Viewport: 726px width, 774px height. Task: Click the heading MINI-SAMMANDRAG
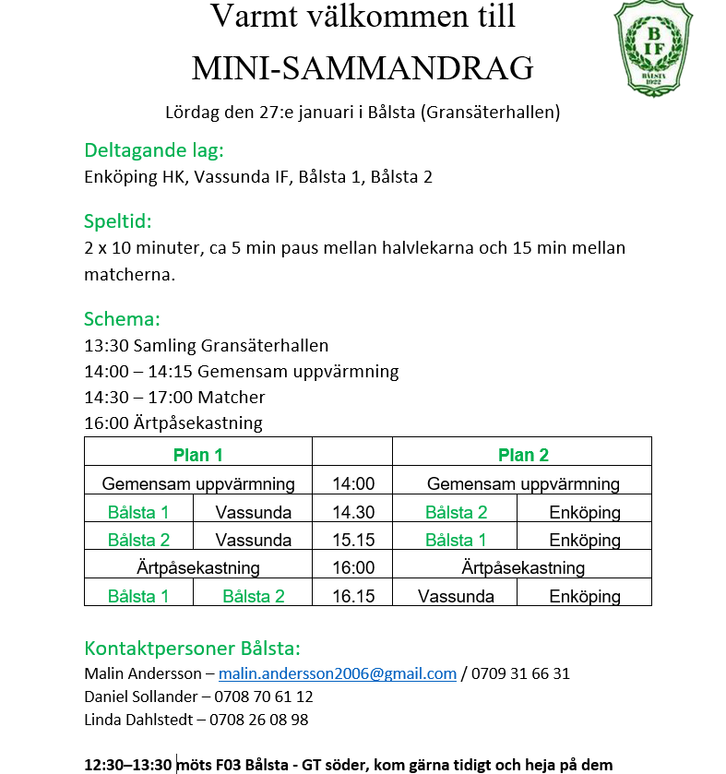(x=363, y=67)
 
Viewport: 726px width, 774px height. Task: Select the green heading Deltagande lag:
(x=154, y=150)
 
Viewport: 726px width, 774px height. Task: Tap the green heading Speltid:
(x=118, y=221)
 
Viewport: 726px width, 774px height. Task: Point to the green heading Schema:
(x=123, y=319)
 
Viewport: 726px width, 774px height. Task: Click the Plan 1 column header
(x=198, y=455)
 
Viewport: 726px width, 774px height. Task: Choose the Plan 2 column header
(x=523, y=455)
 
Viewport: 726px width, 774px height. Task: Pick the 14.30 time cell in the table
(x=353, y=513)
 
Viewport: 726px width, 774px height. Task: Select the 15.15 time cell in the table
(x=353, y=541)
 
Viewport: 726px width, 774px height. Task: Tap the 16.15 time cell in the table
(x=353, y=597)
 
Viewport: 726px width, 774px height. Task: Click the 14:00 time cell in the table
(x=353, y=484)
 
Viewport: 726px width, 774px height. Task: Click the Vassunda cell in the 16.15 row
(x=456, y=597)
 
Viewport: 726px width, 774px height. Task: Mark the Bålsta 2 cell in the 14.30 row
(x=456, y=513)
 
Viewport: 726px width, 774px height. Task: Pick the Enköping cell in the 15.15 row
(x=585, y=541)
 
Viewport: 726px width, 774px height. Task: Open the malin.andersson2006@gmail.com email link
(x=338, y=673)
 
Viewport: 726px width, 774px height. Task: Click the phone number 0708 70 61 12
(x=262, y=697)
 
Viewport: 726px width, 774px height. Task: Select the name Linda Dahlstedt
(x=140, y=720)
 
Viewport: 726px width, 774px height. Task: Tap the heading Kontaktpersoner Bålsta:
(x=193, y=648)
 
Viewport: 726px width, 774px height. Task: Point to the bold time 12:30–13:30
(x=128, y=765)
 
